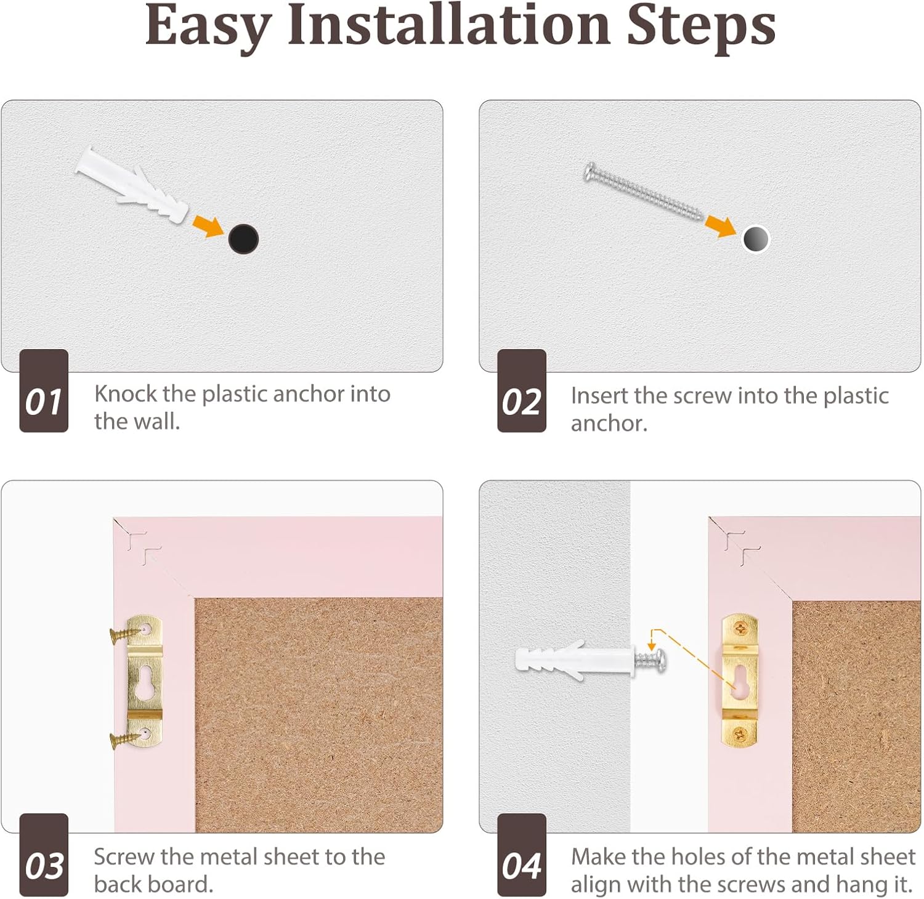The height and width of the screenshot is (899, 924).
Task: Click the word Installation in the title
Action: (x=448, y=26)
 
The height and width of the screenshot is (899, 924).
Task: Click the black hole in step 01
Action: (x=243, y=239)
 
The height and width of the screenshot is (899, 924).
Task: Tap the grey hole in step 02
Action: (x=755, y=239)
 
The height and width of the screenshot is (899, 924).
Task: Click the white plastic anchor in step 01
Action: (x=132, y=185)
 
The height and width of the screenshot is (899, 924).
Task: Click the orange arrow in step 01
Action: (x=208, y=226)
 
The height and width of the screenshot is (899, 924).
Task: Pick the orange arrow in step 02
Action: (x=720, y=226)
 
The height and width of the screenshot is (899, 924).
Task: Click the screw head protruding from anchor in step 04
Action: (x=657, y=661)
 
